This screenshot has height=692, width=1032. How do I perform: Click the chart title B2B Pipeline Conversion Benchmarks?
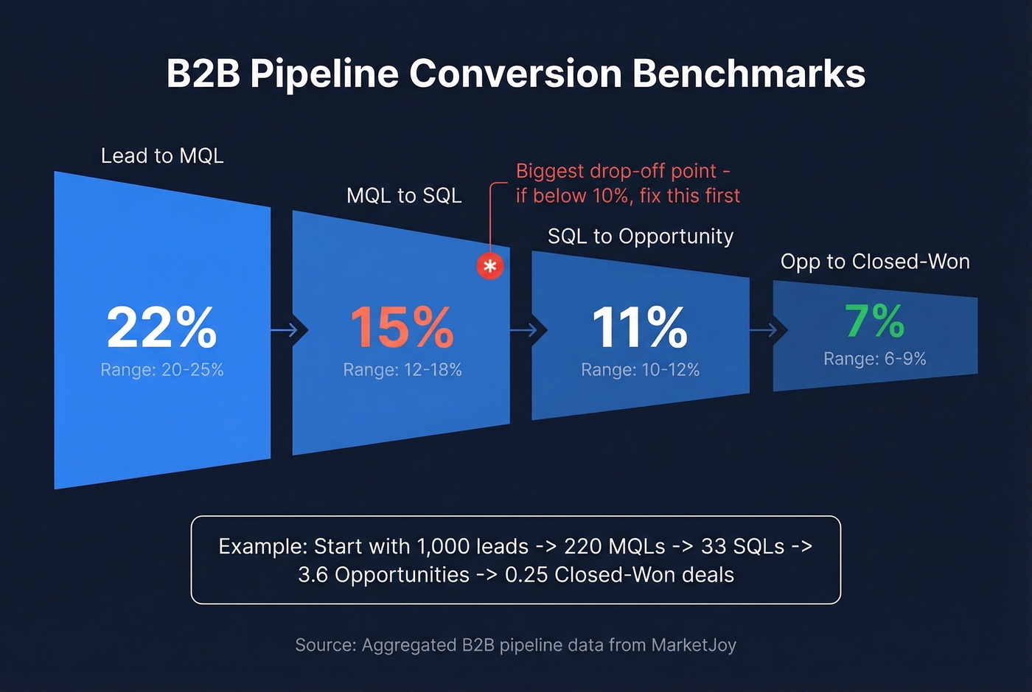[516, 74]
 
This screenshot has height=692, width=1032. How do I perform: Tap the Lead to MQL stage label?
[162, 156]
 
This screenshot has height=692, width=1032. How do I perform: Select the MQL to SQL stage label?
[404, 196]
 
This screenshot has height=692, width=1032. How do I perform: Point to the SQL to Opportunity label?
[641, 237]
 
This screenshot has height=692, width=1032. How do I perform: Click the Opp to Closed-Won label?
[875, 262]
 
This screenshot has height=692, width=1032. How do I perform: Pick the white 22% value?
[162, 327]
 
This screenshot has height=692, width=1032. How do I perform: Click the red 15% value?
[402, 327]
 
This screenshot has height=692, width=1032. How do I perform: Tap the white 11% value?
[640, 327]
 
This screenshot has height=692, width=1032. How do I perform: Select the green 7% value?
[874, 321]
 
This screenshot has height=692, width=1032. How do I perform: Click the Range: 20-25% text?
[162, 370]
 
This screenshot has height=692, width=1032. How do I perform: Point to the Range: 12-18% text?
[402, 370]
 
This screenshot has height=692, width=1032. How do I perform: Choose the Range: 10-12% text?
[640, 370]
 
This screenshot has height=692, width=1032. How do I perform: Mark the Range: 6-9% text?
[874, 359]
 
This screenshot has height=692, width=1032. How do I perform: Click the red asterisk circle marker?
[490, 266]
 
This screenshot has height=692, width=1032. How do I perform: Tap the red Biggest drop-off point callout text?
[627, 184]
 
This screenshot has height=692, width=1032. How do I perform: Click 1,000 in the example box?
[443, 547]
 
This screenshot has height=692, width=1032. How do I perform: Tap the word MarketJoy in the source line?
[694, 646]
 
